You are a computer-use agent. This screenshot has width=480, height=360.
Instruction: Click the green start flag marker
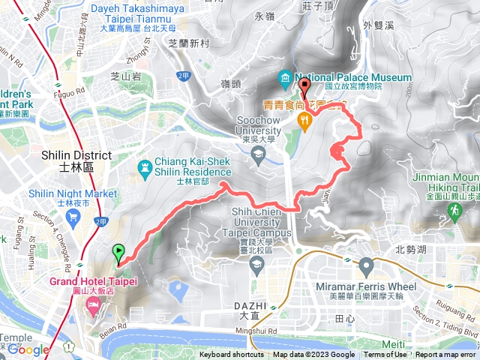(x=118, y=253)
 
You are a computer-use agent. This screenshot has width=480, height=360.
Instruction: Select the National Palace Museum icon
(x=286, y=78)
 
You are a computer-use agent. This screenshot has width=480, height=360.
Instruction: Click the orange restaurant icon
(x=305, y=121)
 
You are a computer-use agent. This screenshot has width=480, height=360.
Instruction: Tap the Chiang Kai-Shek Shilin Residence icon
(x=145, y=166)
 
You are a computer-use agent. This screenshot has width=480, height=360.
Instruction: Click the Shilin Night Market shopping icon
(x=73, y=217)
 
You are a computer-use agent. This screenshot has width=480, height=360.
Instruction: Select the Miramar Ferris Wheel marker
(x=366, y=265)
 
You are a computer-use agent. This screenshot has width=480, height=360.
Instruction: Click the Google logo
(x=28, y=349)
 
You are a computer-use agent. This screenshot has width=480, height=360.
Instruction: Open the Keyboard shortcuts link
(x=231, y=355)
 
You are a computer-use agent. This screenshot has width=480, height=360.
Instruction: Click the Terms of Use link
(x=385, y=355)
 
